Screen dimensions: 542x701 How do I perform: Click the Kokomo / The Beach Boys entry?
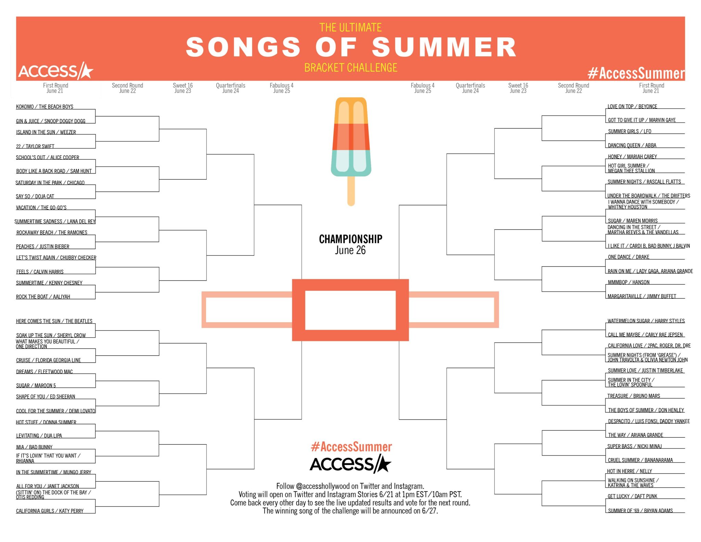[44, 106]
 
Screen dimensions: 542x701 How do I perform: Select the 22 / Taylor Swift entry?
[35, 146]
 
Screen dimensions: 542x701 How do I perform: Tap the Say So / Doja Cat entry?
[35, 196]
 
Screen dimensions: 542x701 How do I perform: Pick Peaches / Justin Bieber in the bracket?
[42, 247]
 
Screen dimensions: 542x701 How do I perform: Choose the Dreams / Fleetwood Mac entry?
[44, 371]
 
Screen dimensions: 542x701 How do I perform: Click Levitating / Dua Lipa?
[39, 436]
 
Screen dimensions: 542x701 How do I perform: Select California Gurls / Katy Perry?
[50, 511]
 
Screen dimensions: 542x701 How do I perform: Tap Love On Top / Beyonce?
[632, 106]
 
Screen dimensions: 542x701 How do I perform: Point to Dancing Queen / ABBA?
[632, 145]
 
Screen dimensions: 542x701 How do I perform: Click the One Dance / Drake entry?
[628, 257]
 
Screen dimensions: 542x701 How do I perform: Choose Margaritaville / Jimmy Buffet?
[642, 296]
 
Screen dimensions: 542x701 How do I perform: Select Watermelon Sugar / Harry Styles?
[646, 321]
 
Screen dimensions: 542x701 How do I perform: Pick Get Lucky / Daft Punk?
[632, 496]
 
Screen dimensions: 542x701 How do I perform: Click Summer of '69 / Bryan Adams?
[640, 511]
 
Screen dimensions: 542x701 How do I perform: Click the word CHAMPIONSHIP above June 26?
[350, 239]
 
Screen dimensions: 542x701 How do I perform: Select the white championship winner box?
[350, 310]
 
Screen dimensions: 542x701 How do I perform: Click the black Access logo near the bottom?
[350, 464]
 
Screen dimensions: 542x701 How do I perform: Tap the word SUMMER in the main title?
[444, 47]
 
